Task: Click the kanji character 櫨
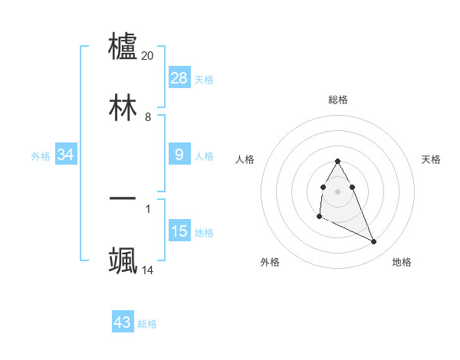pyautogui.click(x=123, y=46)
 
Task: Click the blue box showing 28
pyautogui.click(x=179, y=78)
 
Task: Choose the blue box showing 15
pyautogui.click(x=179, y=231)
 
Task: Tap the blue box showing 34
pyautogui.click(x=66, y=155)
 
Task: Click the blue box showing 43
pyautogui.click(x=123, y=322)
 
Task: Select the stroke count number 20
pyautogui.click(x=148, y=56)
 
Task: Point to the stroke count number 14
pyautogui.click(x=148, y=270)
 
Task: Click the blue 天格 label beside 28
pyautogui.click(x=204, y=79)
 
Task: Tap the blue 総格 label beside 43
pyautogui.click(x=147, y=324)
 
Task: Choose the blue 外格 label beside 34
pyautogui.click(x=41, y=156)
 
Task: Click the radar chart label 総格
pyautogui.click(x=338, y=100)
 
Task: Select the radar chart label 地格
pyautogui.click(x=402, y=262)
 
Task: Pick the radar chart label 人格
pyautogui.click(x=245, y=159)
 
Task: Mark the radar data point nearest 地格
pyautogui.click(x=374, y=242)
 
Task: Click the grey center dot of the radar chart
pyautogui.click(x=337, y=190)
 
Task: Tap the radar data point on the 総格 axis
pyautogui.click(x=337, y=162)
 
